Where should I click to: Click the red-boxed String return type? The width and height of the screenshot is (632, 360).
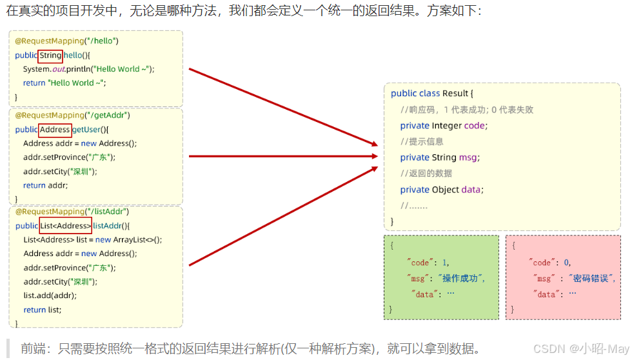click(x=50, y=55)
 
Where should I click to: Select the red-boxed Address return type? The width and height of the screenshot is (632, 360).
click(x=55, y=130)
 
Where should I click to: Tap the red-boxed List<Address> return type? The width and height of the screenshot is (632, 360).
click(x=65, y=226)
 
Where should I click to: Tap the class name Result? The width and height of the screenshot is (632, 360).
click(x=455, y=94)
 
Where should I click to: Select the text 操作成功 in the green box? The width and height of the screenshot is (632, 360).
click(x=460, y=278)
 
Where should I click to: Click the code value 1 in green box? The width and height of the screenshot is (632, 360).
click(x=444, y=263)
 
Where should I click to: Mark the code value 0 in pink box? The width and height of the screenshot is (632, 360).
click(x=567, y=263)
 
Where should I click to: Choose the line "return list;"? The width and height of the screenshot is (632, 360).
click(x=43, y=310)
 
